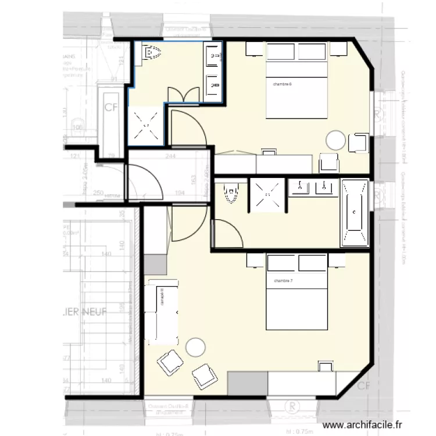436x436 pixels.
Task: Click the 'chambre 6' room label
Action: tap(282, 84)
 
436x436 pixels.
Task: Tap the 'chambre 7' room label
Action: tap(283, 281)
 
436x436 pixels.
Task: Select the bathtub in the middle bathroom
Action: tap(354, 212)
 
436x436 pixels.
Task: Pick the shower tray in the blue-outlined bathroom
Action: tap(145, 123)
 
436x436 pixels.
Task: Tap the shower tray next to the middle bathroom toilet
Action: tap(266, 196)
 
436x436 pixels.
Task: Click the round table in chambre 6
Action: tap(336, 140)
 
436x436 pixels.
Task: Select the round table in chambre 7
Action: tap(195, 347)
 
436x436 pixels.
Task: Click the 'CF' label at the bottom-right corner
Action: tap(364, 386)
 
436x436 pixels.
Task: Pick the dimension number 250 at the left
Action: tap(98, 192)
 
